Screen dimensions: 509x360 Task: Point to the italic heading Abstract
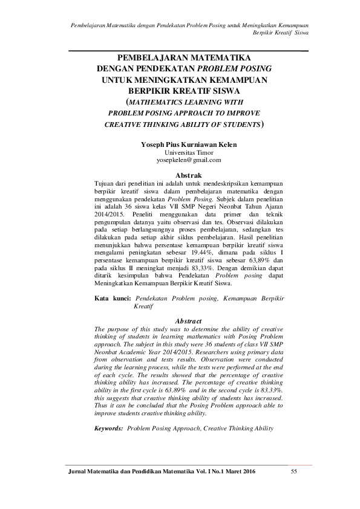[188, 320]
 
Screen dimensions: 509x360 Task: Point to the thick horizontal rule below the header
[188, 50]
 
